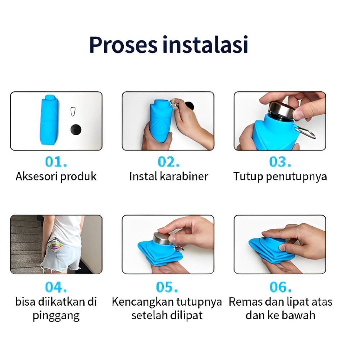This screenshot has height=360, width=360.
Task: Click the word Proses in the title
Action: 123,45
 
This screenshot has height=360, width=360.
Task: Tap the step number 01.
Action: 56,162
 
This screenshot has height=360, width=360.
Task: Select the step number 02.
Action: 169,162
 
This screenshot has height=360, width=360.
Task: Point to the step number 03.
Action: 280,162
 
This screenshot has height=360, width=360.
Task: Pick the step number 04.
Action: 56,287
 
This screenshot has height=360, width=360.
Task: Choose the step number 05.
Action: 167,287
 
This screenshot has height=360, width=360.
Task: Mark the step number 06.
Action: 280,287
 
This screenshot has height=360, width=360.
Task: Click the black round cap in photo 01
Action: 76,129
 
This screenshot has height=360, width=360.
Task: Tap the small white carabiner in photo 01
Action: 73,111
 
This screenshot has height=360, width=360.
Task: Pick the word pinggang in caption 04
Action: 56,316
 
